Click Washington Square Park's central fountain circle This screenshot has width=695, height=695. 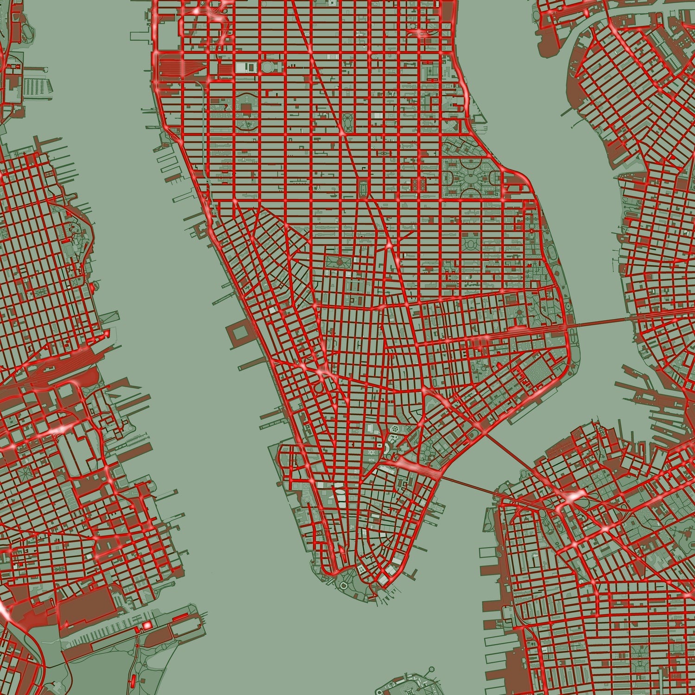click(339, 262)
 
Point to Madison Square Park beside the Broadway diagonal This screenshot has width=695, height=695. click(347, 123)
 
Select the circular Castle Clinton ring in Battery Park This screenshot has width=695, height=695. click(343, 586)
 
